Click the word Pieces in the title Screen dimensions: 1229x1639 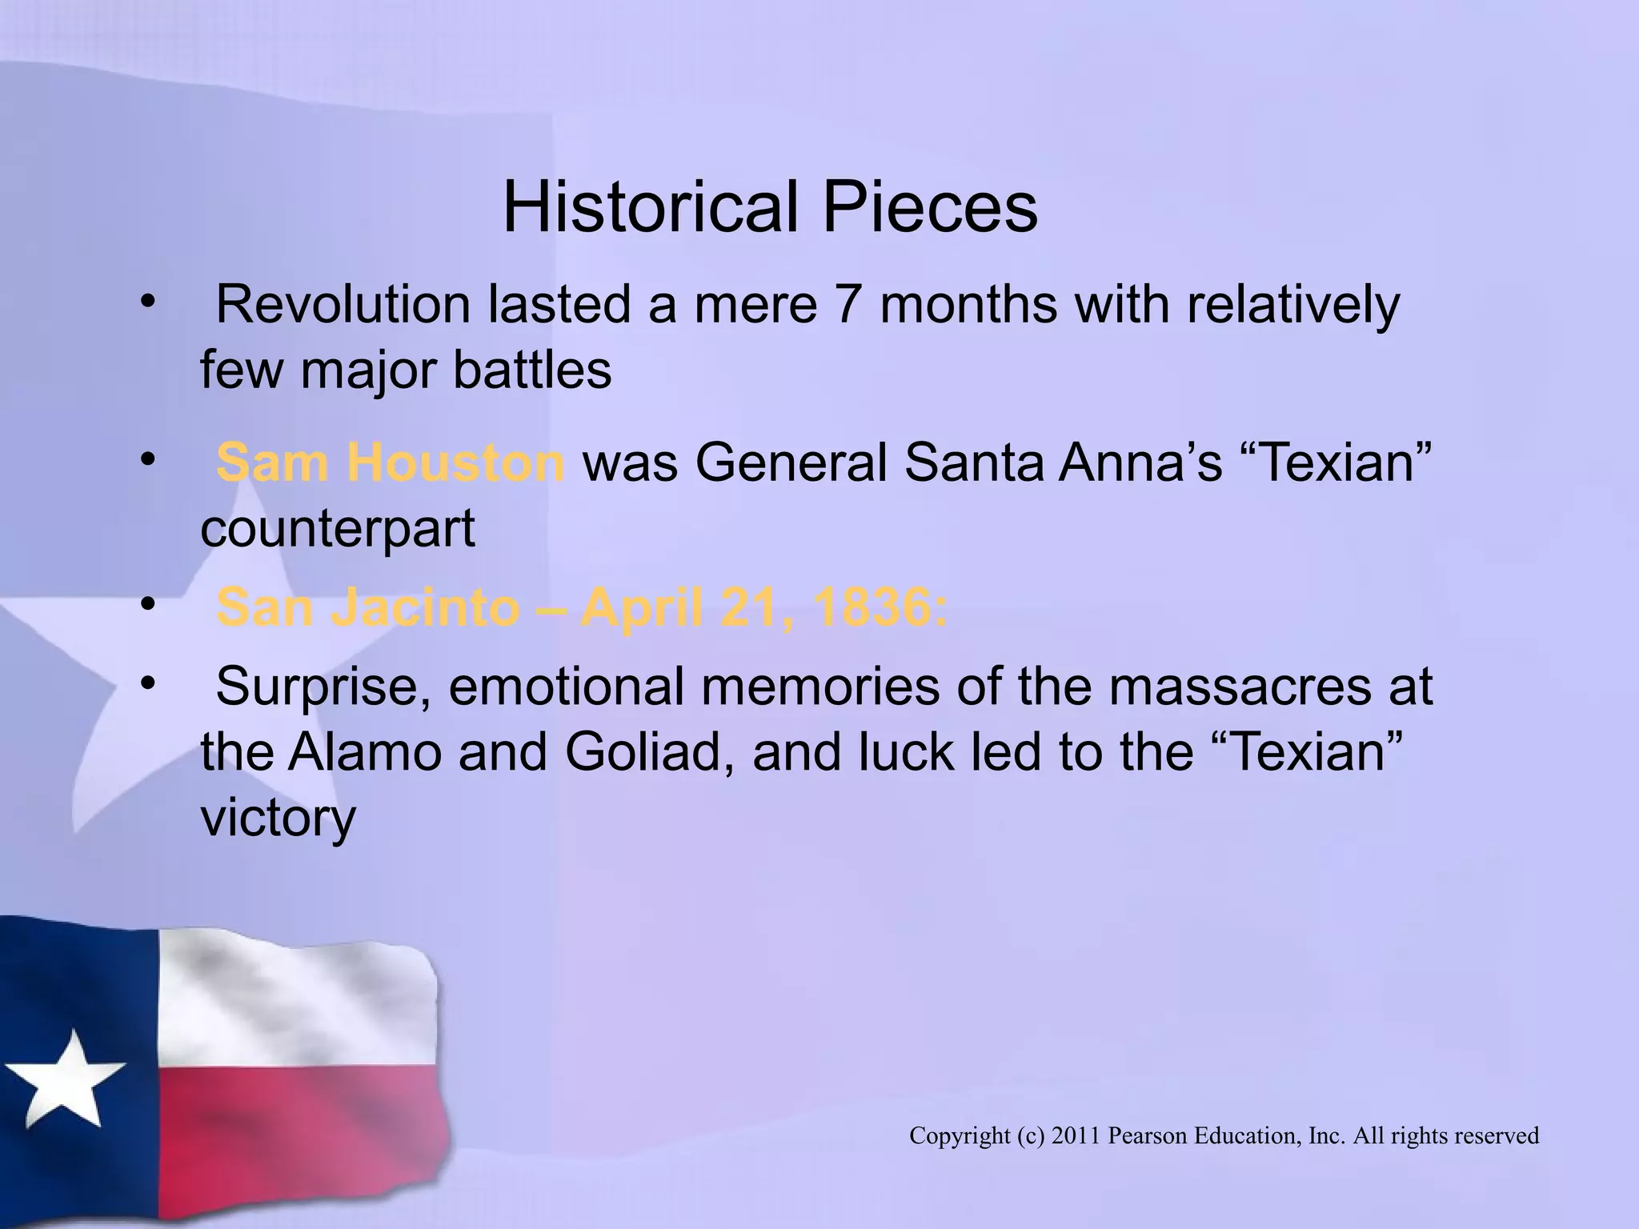(x=930, y=207)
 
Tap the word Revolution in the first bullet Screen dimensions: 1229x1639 (x=343, y=305)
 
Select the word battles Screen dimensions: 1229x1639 (x=532, y=370)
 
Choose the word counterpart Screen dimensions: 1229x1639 (x=338, y=528)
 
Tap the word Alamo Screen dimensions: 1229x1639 (x=363, y=752)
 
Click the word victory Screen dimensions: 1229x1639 (x=278, y=818)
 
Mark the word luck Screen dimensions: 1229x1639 (x=904, y=752)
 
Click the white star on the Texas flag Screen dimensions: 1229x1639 (x=68, y=1079)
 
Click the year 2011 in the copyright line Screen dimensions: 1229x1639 (x=1076, y=1135)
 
